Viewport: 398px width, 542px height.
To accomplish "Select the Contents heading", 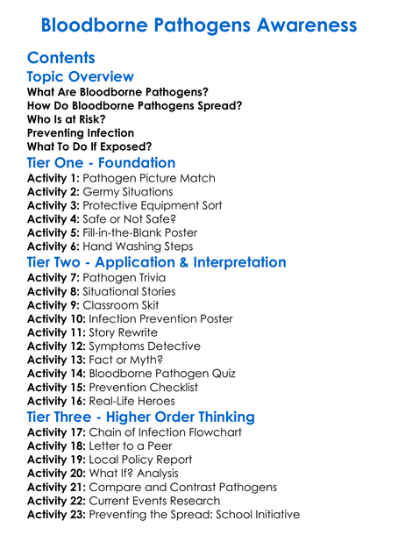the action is point(61,58).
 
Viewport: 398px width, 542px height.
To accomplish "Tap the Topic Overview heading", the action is point(81,77).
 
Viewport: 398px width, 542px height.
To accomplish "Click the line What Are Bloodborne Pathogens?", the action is point(117,91).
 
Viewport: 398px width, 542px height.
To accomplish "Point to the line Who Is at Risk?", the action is point(67,118).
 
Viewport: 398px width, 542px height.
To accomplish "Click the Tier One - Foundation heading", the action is point(102,163).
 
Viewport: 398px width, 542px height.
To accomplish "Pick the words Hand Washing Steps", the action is point(140,246).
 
